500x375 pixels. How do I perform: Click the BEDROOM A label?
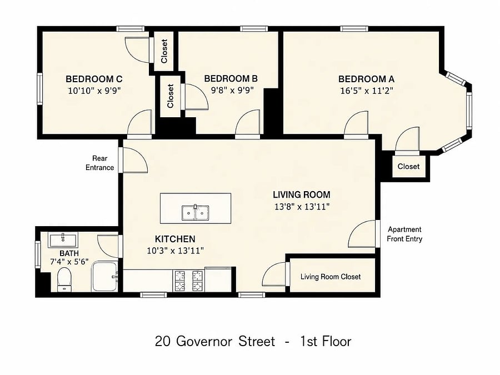coord(366,79)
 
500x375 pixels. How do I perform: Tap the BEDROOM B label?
coord(231,78)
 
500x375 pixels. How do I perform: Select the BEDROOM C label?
coord(94,79)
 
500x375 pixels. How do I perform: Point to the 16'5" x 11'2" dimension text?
coord(367,91)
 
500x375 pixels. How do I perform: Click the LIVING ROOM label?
coord(301,194)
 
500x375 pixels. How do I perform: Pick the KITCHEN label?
coord(175,239)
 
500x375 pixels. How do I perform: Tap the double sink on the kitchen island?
coord(196,213)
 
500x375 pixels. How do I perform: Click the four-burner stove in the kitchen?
coord(188,281)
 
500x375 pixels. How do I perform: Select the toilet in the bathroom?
coord(65,279)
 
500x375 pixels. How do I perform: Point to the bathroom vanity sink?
coord(63,240)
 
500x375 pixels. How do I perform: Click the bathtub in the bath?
coord(105,276)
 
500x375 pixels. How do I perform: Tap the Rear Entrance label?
coord(99,163)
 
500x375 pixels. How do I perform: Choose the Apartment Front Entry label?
coord(404,234)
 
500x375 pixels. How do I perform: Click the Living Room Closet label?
coord(331,277)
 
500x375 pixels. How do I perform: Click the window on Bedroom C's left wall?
coord(39,89)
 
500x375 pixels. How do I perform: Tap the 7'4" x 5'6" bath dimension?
coord(69,262)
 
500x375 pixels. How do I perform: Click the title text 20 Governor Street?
coord(215,341)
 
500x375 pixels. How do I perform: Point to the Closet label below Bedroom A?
coord(408,166)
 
